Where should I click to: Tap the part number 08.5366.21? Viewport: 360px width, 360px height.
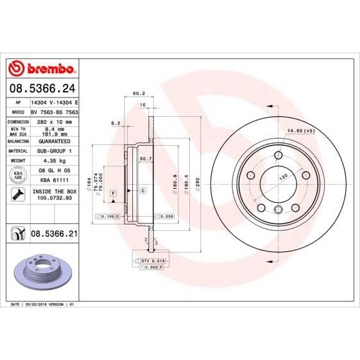coord(54,235)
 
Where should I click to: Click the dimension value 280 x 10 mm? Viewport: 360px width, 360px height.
coord(54,121)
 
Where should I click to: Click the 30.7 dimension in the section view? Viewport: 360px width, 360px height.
coord(144,159)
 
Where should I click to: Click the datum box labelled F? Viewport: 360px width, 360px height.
coord(112,193)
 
